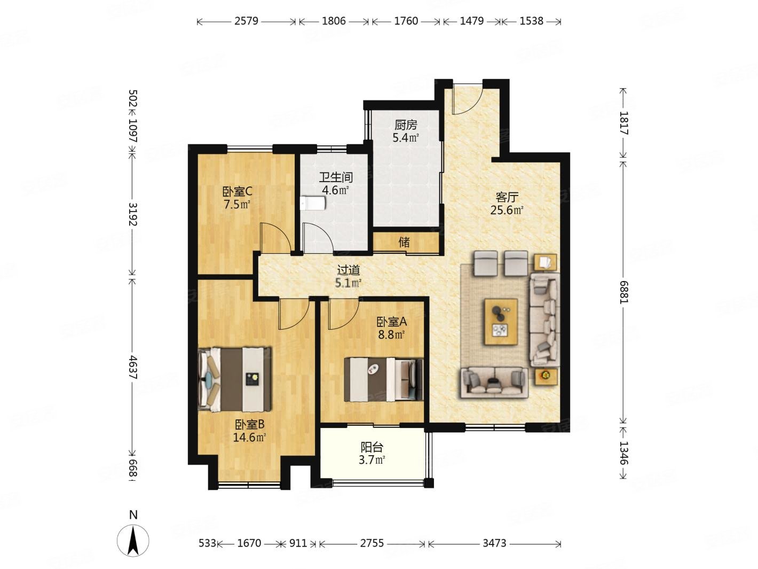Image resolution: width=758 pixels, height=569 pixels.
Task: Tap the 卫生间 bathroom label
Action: (335, 177)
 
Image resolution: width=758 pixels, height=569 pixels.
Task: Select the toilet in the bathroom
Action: (313, 204)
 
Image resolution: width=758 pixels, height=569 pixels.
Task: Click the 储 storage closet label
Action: (404, 242)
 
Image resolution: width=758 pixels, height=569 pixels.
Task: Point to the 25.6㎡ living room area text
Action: (507, 211)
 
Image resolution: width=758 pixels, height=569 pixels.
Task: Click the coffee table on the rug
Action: (501, 322)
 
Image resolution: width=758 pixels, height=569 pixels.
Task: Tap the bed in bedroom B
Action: (235, 379)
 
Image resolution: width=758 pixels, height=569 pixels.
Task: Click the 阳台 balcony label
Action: (372, 447)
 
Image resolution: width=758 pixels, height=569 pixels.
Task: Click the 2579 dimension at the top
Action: (246, 21)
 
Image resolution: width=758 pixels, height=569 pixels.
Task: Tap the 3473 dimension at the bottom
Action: (494, 543)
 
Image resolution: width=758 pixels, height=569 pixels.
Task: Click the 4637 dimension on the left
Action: (133, 367)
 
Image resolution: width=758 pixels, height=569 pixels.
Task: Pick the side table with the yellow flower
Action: (546, 377)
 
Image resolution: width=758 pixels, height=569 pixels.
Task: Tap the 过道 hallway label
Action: (349, 270)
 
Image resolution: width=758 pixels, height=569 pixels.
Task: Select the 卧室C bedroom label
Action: (237, 191)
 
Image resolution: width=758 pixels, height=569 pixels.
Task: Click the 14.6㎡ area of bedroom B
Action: (249, 438)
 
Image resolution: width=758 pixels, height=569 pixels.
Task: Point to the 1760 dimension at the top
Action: (406, 21)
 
